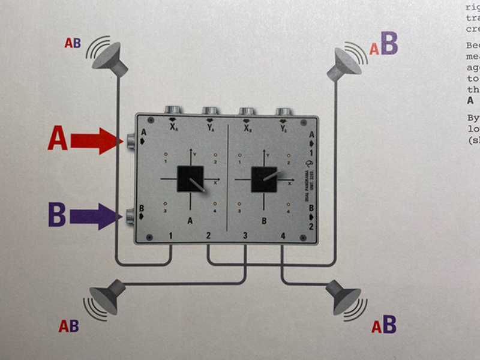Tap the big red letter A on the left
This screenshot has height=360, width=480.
click(x=57, y=140)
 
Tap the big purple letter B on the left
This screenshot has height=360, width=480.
click(x=56, y=215)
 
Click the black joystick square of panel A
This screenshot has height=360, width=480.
click(x=190, y=179)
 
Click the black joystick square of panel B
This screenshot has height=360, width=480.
click(x=263, y=179)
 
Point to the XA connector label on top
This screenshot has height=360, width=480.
click(x=173, y=127)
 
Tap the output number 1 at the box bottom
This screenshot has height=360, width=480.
click(x=172, y=236)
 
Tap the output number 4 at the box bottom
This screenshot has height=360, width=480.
click(x=283, y=236)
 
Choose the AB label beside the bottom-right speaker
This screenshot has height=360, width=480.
click(x=384, y=325)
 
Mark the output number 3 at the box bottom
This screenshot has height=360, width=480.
click(x=245, y=236)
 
